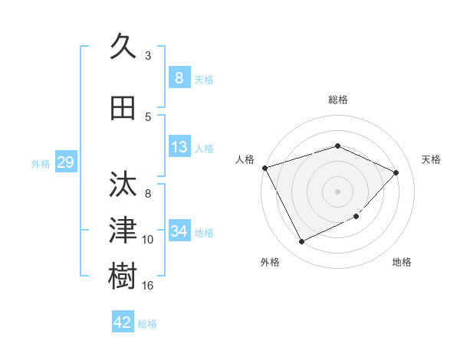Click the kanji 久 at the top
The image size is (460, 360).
(x=123, y=47)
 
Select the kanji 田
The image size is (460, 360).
(x=123, y=108)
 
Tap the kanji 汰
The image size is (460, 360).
(x=123, y=185)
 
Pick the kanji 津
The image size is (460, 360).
(x=123, y=230)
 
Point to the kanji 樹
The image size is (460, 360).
(x=123, y=276)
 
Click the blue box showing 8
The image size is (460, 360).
(x=179, y=78)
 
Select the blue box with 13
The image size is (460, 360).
(x=179, y=147)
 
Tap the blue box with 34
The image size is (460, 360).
(x=179, y=231)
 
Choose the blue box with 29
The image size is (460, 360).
(x=65, y=162)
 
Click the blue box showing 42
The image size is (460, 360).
(x=122, y=322)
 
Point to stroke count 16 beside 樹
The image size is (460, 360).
(x=148, y=286)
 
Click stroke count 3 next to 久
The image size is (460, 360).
(x=148, y=56)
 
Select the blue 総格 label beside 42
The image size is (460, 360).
(x=147, y=324)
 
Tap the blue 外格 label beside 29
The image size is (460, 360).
(x=40, y=163)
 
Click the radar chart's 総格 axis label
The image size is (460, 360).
(x=337, y=100)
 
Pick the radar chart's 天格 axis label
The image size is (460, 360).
(x=431, y=159)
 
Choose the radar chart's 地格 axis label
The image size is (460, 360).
(x=402, y=262)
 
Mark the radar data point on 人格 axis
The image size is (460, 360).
(x=264, y=167)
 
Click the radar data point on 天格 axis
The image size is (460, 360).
(x=396, y=172)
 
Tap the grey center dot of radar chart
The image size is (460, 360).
(x=337, y=191)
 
